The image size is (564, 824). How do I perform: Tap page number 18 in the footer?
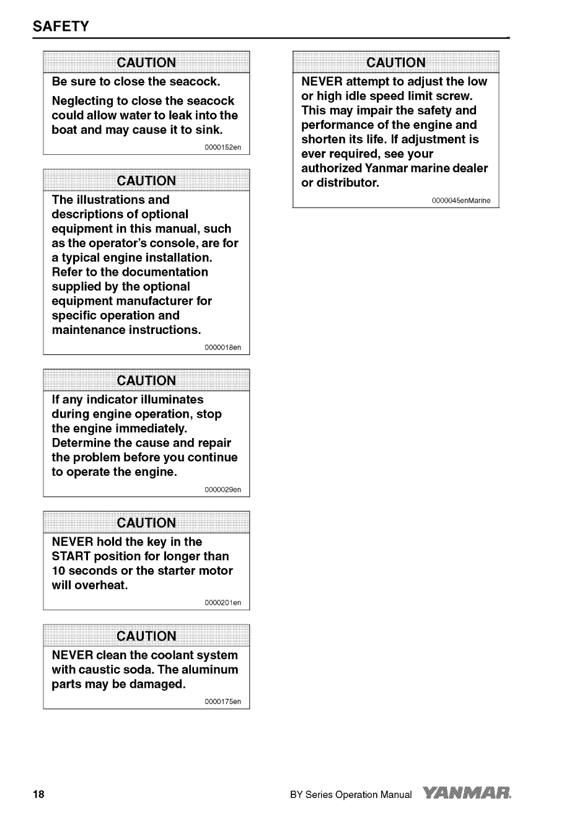[x=39, y=794]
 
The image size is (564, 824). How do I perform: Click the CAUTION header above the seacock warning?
[x=146, y=63]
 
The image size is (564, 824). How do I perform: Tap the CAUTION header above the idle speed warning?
[x=396, y=63]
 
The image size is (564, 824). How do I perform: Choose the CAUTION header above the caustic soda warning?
[x=146, y=636]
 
